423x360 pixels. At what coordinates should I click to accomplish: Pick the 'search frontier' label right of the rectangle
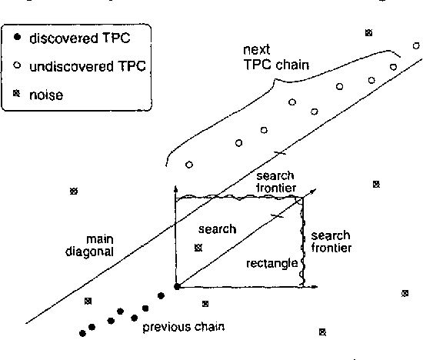point(331,241)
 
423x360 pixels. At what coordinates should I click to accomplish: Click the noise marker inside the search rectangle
point(198,248)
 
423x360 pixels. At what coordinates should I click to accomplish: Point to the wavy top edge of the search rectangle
point(238,198)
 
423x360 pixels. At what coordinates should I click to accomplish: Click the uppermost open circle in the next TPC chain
point(416,46)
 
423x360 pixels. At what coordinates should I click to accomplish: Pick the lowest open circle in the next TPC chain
point(188,165)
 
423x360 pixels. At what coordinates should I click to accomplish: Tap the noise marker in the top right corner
point(368,32)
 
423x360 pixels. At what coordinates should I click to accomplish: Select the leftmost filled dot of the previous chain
point(82,333)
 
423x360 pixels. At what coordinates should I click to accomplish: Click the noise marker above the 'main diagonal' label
point(74,191)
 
